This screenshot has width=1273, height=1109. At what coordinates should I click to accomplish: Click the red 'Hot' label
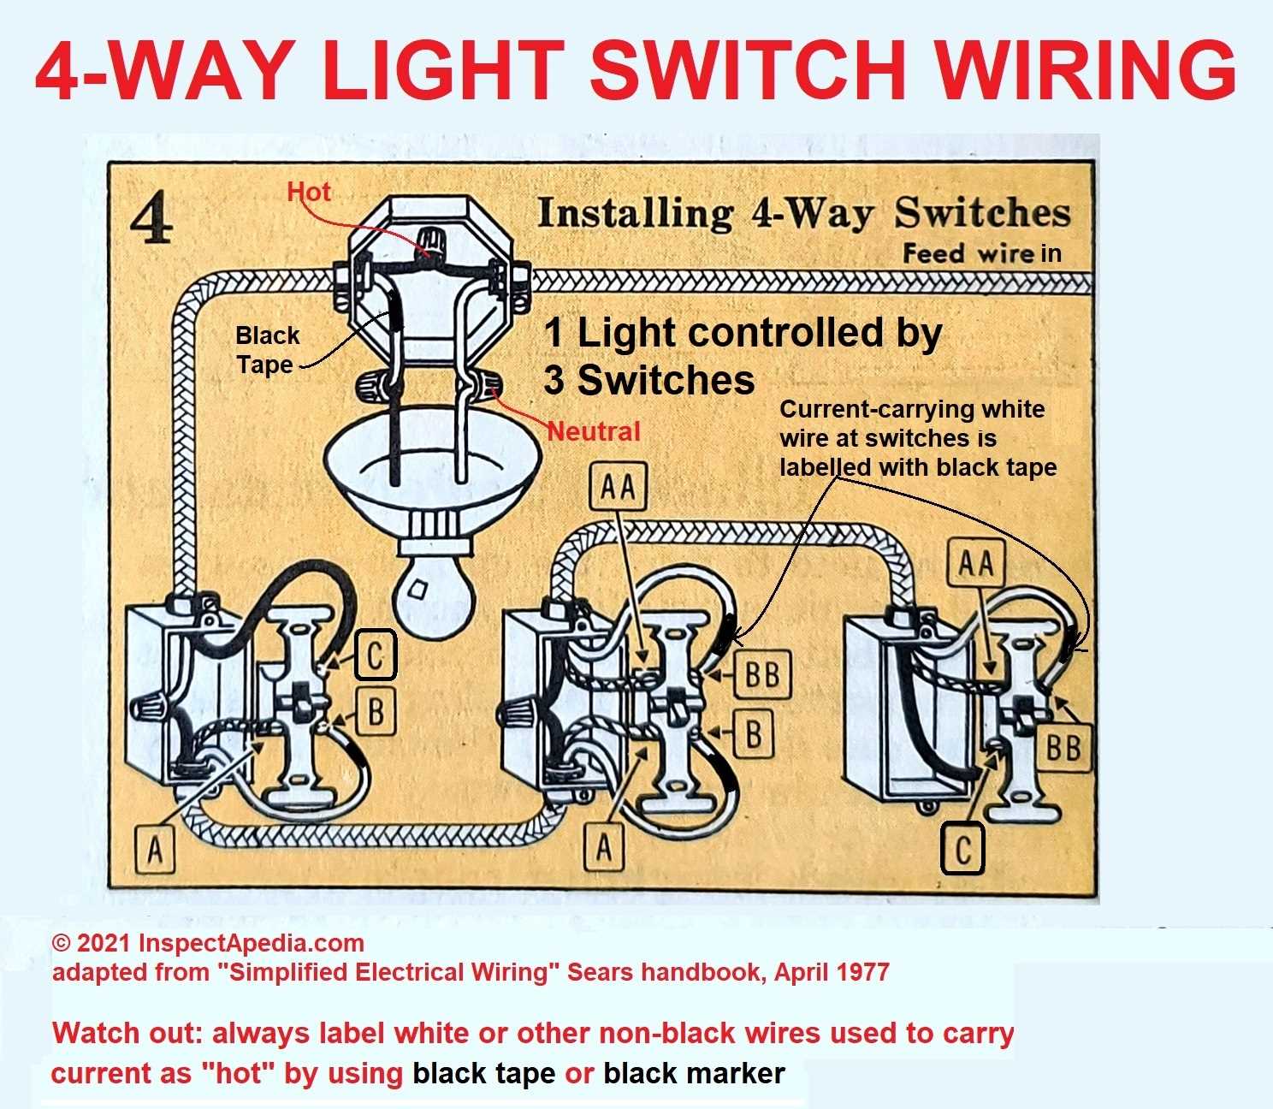pyautogui.click(x=309, y=192)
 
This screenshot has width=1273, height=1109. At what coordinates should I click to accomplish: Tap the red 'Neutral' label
pyautogui.click(x=594, y=430)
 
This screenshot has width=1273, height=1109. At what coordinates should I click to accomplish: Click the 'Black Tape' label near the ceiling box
pyautogui.click(x=267, y=350)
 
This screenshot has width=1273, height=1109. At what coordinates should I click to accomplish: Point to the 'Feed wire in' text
pyautogui.click(x=982, y=253)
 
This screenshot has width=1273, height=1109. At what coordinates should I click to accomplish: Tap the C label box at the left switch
pyautogui.click(x=375, y=655)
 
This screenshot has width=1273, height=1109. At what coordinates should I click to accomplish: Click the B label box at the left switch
pyautogui.click(x=375, y=710)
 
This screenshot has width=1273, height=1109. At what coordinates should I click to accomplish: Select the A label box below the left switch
pyautogui.click(x=155, y=850)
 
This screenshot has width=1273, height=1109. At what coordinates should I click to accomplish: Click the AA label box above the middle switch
pyautogui.click(x=618, y=488)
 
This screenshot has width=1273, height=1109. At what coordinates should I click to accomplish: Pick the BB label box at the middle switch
pyautogui.click(x=762, y=674)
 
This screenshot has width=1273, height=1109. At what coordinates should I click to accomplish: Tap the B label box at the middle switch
pyautogui.click(x=754, y=733)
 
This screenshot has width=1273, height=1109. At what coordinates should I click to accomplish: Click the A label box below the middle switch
pyautogui.click(x=605, y=848)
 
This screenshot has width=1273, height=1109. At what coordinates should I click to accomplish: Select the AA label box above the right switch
pyautogui.click(x=976, y=565)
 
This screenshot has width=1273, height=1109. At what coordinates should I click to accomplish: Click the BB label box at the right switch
pyautogui.click(x=1063, y=749)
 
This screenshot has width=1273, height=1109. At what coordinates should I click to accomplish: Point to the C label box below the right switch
pyautogui.click(x=963, y=850)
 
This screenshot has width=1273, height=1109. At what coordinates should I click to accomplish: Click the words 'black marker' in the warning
pyautogui.click(x=694, y=1073)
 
